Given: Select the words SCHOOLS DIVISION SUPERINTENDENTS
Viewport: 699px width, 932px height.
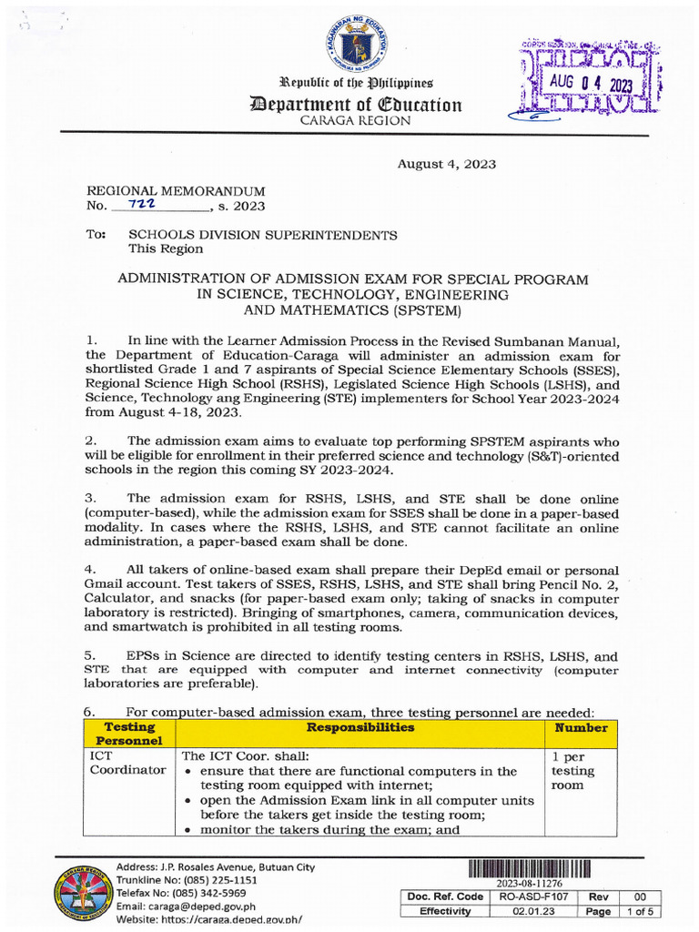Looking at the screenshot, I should tap(262, 235).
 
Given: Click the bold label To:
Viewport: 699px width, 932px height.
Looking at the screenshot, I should tap(96, 235).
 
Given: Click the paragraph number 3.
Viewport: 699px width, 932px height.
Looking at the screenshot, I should tap(90, 499).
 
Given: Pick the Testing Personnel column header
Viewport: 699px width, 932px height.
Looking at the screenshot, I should tap(129, 734).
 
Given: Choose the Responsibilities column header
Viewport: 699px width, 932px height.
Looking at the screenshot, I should tap(360, 728).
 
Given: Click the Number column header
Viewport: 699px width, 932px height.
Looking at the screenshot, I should tap(582, 728).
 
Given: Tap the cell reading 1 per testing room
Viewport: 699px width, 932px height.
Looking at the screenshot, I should tap(573, 770).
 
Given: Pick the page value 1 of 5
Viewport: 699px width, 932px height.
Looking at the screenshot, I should tap(642, 911).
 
